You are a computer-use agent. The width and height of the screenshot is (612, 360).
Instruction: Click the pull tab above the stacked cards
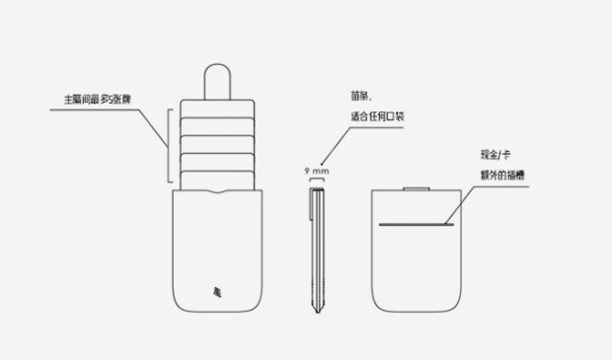coord(217,81)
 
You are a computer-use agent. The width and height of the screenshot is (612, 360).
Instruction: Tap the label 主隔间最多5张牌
coord(97,100)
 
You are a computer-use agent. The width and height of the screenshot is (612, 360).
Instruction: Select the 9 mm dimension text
coord(317,171)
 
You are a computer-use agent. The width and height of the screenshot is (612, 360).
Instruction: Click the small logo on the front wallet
coord(217,292)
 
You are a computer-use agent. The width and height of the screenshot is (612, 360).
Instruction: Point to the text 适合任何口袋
coord(377,116)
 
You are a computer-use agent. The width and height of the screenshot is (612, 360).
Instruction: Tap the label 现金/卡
coord(496,155)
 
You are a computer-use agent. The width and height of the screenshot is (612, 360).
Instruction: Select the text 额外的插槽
coord(502,176)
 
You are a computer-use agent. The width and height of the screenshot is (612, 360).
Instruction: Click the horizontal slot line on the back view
coord(417,224)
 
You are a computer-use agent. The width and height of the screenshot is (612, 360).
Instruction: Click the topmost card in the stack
coord(217,108)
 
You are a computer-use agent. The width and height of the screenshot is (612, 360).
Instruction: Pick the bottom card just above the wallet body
coord(217,180)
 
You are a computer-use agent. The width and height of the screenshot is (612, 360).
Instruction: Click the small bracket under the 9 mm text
coord(317,180)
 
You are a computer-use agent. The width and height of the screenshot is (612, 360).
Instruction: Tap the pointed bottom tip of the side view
coord(318,313)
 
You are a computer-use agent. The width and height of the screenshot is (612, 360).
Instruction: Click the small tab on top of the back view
coord(417,188)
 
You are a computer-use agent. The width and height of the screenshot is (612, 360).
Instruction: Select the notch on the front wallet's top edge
coord(217,191)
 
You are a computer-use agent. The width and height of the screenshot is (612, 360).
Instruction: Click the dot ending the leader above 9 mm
coord(322,164)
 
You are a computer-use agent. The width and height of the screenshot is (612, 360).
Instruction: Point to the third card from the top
coord(217,144)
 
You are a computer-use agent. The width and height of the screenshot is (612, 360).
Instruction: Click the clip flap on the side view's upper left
coord(312,204)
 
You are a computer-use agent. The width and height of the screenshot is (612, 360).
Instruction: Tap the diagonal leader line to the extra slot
coord(459,205)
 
